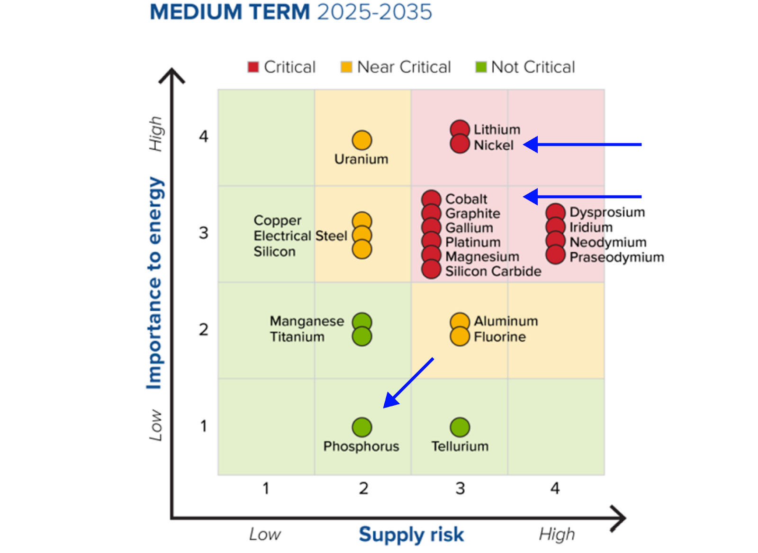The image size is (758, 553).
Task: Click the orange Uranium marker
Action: [x=362, y=140]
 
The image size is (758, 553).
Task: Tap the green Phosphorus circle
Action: [x=362, y=427]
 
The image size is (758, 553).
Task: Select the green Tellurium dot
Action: [x=460, y=427]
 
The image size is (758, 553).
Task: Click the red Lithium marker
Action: [x=460, y=128]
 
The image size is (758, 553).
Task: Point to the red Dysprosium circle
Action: [x=556, y=212]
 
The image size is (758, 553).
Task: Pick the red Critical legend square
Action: [x=253, y=67]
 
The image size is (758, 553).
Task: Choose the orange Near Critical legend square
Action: [x=346, y=67]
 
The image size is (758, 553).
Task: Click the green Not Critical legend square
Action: [x=481, y=67]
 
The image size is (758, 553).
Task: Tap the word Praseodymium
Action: [x=617, y=257]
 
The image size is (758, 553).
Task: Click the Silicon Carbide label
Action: [x=493, y=271]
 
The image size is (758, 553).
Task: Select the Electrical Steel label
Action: [x=300, y=236]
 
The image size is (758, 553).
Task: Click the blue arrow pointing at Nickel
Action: [x=583, y=145]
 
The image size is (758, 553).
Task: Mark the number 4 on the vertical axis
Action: [x=204, y=137]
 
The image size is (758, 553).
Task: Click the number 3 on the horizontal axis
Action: [x=460, y=488]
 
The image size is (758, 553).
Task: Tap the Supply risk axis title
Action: [x=411, y=535]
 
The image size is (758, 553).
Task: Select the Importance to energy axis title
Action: [x=155, y=283]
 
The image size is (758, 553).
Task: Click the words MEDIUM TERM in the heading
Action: [x=230, y=12]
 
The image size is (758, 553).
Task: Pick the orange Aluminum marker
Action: [x=460, y=321]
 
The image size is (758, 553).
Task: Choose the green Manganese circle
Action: [x=362, y=321]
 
